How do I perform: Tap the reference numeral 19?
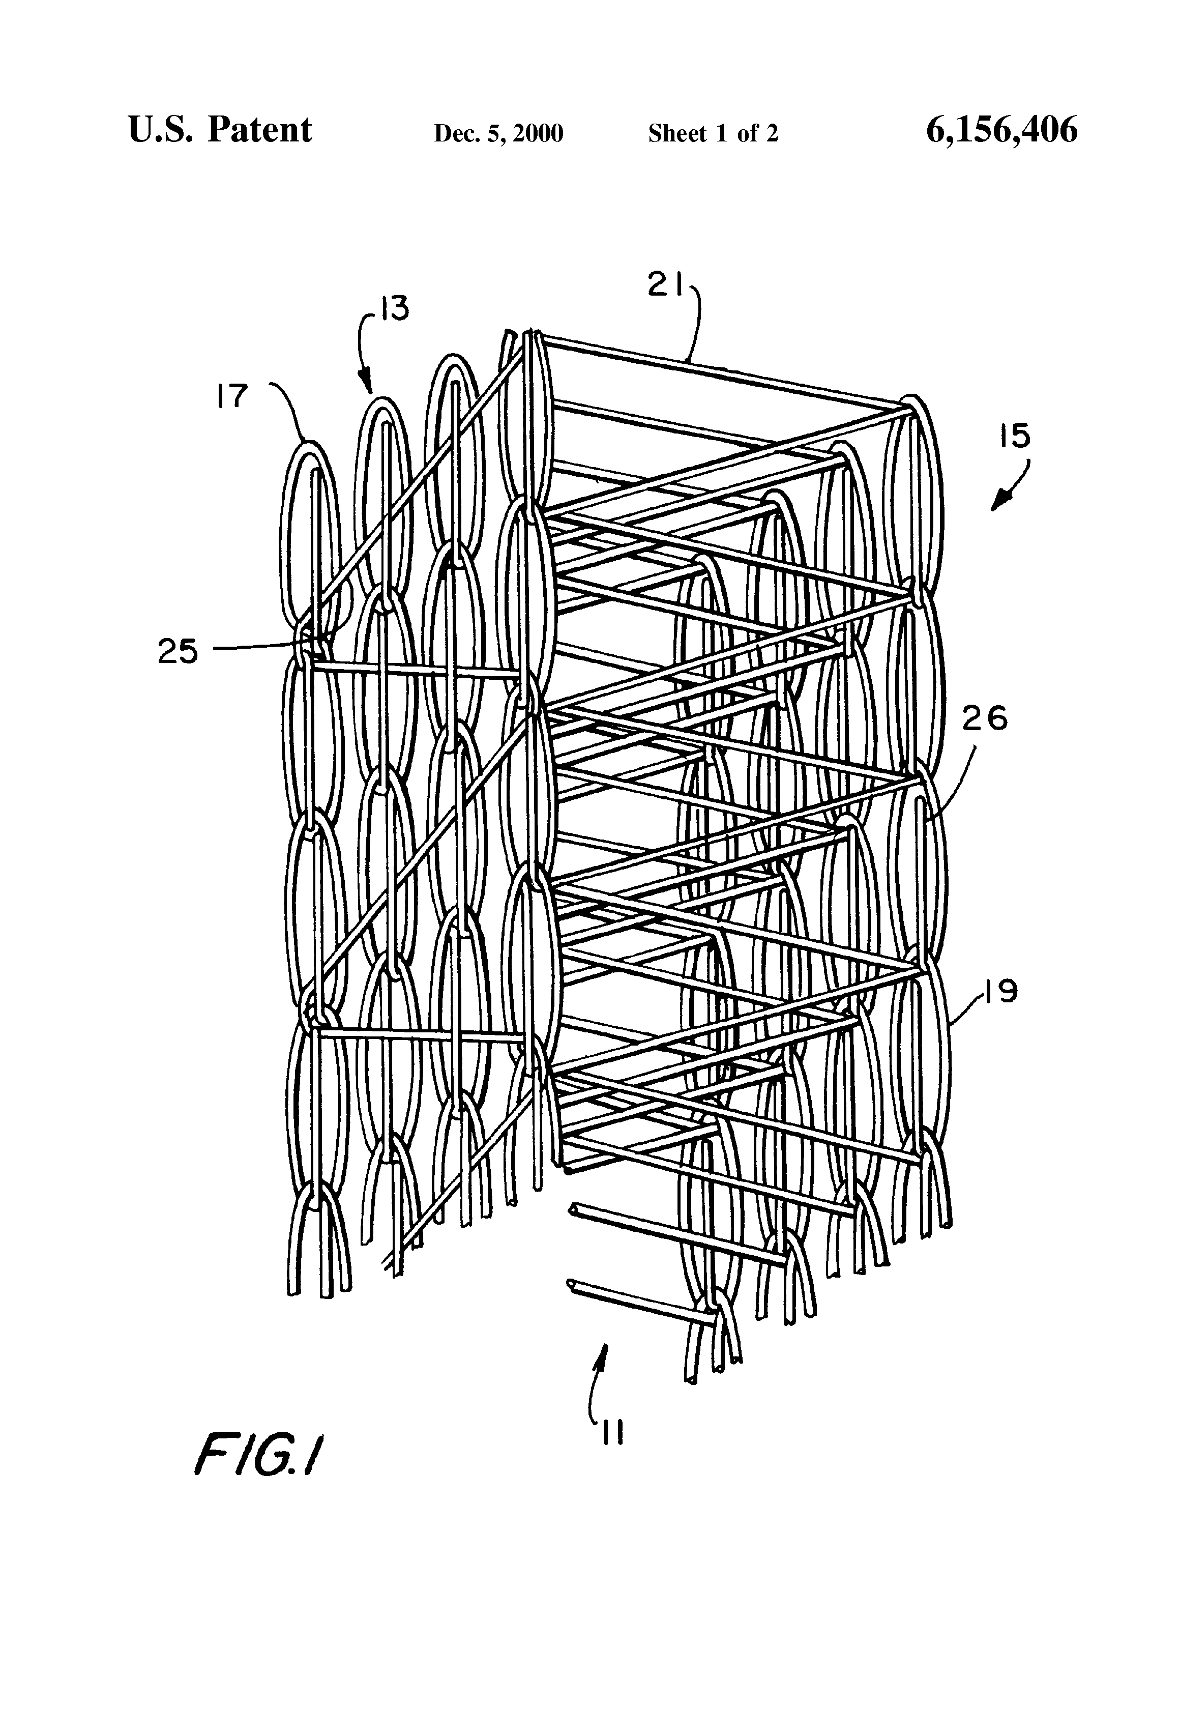coord(999,992)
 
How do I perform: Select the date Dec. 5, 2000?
coord(498,133)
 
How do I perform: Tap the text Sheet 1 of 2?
coord(713,133)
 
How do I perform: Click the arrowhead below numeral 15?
coord(998,504)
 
